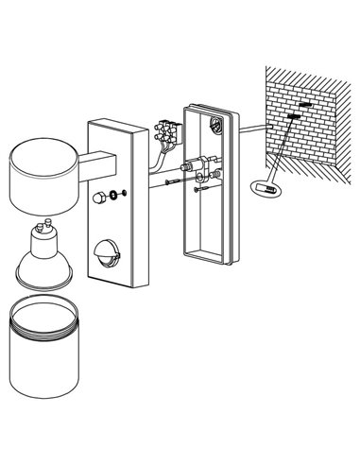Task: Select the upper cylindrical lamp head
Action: point(41,176)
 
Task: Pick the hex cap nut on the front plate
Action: point(99,198)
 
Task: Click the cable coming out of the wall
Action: point(250,127)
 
